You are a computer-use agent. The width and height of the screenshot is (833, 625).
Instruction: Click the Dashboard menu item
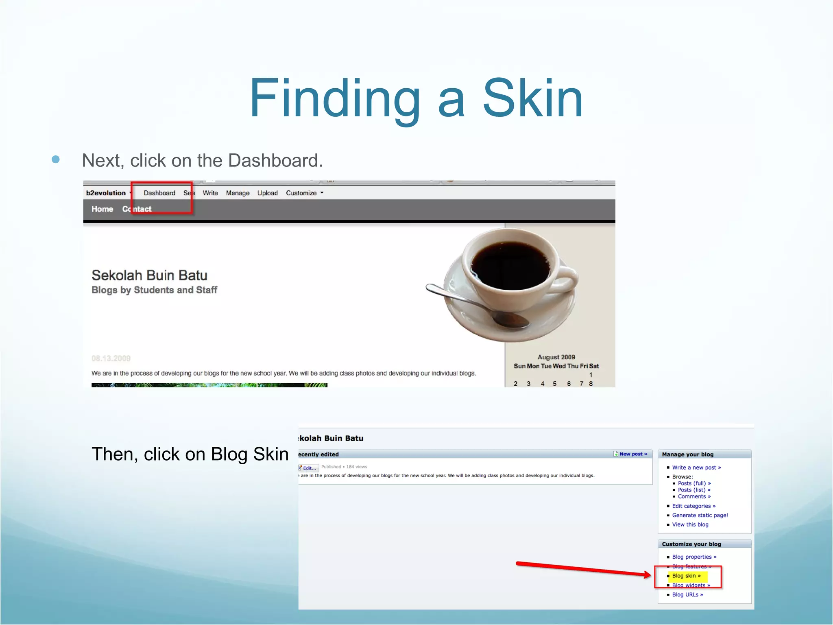[159, 193]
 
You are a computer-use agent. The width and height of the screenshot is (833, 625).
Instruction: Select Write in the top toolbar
[210, 193]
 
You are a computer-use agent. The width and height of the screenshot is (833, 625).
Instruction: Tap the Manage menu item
[238, 193]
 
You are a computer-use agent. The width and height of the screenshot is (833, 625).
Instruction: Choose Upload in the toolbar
[267, 193]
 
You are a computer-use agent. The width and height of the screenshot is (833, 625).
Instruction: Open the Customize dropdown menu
[305, 193]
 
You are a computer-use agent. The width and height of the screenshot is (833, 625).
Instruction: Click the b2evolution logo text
[106, 193]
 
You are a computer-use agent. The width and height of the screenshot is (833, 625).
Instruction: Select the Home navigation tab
[102, 209]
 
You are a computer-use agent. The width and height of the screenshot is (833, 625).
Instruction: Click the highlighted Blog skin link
[686, 576]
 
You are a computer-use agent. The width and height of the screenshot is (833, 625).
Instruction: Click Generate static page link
[700, 515]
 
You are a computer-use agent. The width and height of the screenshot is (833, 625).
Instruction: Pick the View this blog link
[690, 524]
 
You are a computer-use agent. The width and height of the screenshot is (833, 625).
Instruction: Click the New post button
[633, 454]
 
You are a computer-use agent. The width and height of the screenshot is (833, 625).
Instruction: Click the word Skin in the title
[532, 99]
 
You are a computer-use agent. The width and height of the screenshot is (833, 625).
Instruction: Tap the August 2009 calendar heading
[556, 357]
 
